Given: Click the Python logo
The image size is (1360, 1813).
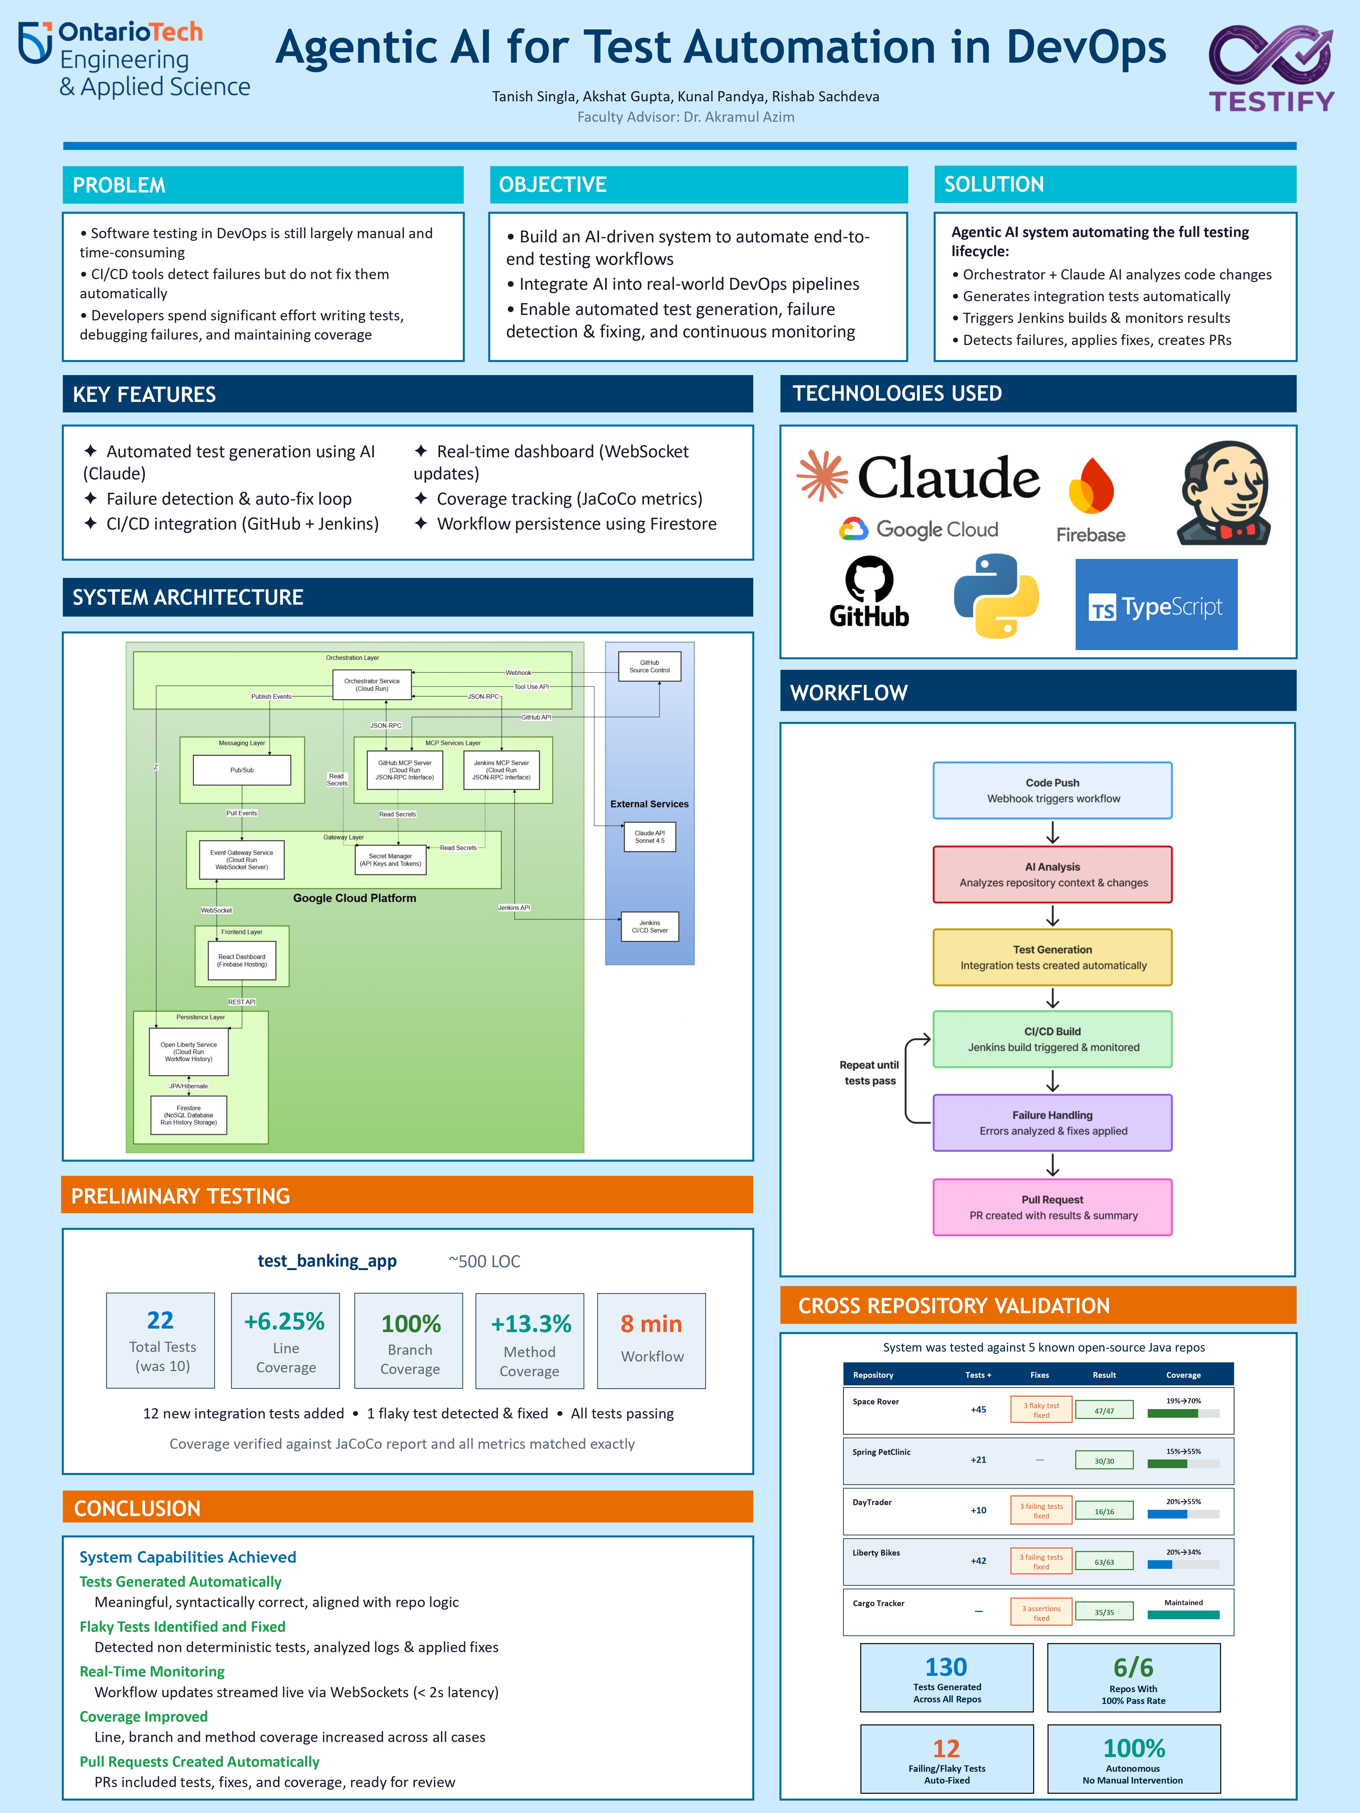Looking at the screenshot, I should [996, 596].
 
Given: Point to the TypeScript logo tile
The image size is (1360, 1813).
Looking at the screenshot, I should [1156, 605].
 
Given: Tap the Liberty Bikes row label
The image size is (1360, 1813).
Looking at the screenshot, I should [875, 1552].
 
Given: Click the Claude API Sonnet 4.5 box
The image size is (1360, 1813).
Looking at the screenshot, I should [649, 837].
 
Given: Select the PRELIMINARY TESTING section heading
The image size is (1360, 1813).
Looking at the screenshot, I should [180, 1196].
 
